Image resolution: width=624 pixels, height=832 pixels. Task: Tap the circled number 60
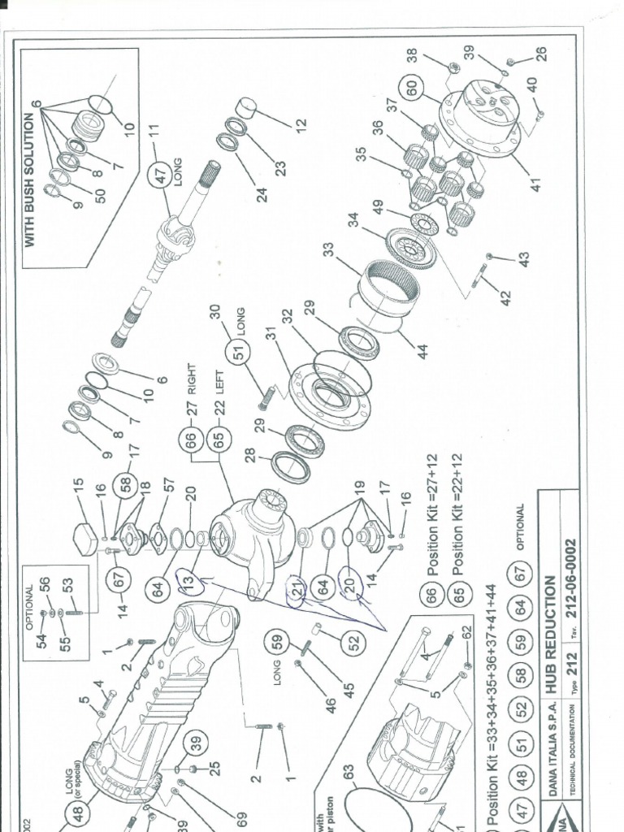point(413,88)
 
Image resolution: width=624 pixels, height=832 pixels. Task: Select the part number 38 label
point(412,55)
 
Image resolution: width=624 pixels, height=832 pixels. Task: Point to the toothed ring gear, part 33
point(389,289)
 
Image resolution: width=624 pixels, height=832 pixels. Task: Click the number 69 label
point(240,817)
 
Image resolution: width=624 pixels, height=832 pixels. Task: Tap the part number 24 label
point(262,196)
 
